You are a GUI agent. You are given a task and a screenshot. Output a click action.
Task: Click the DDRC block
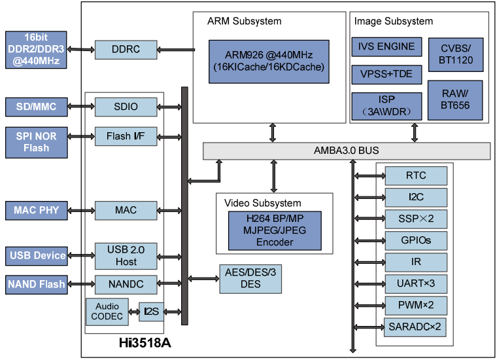tap(126, 49)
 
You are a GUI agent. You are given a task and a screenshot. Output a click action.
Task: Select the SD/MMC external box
tap(36, 105)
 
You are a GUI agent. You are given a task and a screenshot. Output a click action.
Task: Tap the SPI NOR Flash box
tap(36, 142)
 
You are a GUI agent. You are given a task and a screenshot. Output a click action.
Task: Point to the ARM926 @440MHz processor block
tap(268, 62)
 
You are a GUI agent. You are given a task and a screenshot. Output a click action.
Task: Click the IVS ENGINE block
tap(386, 46)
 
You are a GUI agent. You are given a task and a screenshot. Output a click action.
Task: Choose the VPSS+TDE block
tap(386, 73)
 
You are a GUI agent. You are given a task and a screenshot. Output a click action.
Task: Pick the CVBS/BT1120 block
tap(456, 54)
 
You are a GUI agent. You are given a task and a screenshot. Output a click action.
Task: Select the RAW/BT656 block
tap(456, 99)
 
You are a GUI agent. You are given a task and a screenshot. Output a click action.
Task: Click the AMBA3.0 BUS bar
tap(346, 151)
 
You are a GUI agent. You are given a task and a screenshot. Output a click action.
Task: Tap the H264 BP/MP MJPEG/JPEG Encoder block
tap(275, 230)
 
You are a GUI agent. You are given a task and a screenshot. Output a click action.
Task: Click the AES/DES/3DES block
tap(250, 278)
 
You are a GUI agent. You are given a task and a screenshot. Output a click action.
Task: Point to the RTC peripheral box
tap(416, 175)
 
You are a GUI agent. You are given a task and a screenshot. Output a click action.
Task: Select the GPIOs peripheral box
tap(416, 240)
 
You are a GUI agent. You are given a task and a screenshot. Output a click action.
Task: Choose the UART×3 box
tap(416, 283)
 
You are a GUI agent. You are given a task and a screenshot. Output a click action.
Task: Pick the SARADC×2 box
tap(416, 326)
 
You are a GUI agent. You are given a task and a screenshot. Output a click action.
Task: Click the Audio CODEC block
tap(107, 312)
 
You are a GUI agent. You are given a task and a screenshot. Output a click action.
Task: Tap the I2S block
tap(151, 312)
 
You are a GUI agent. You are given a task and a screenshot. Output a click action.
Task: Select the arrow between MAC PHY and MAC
tap(81, 210)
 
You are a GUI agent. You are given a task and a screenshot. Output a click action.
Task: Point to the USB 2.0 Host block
tap(126, 255)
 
